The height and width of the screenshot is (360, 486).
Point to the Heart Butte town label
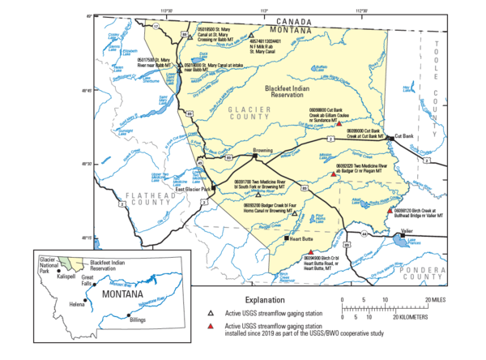[301, 239]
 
